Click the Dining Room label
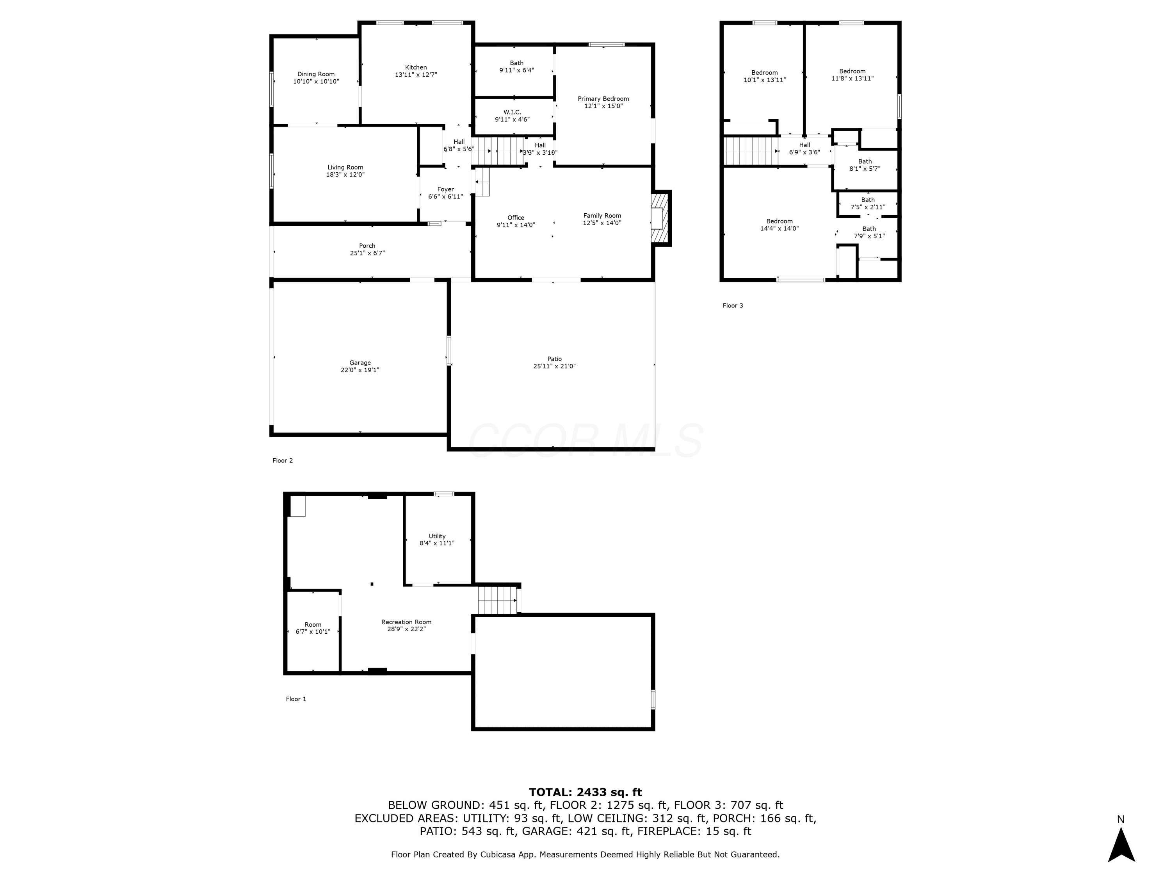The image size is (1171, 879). (x=316, y=74)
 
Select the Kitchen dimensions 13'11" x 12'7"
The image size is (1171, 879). (x=416, y=75)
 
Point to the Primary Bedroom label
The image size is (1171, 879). (x=603, y=98)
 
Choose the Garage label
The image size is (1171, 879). (x=360, y=363)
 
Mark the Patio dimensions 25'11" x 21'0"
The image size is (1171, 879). (x=554, y=366)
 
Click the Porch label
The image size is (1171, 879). (x=367, y=246)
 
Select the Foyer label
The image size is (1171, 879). (x=445, y=189)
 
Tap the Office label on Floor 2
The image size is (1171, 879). (x=516, y=218)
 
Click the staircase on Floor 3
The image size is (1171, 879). (x=751, y=151)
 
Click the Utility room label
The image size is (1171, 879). (x=437, y=536)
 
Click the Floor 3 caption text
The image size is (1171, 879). (x=733, y=306)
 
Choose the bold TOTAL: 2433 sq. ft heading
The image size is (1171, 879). (x=585, y=792)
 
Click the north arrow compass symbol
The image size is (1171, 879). (x=1121, y=845)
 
